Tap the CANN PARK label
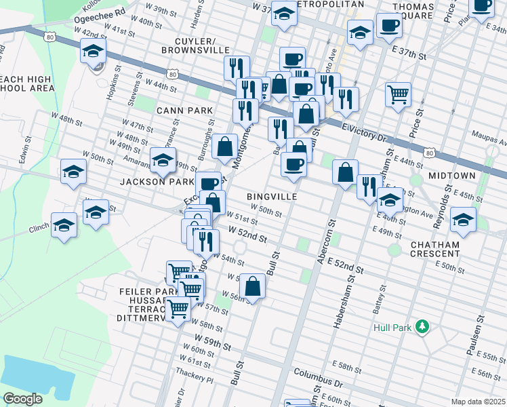tap(184, 110)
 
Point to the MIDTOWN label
tap(451, 176)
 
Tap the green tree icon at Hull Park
tap(423, 328)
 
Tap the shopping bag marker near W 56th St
tap(252, 286)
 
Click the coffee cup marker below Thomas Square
tap(389, 26)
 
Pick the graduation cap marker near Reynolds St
tap(464, 220)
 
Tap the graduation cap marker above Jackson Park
tap(163, 160)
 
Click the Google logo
tap(22, 399)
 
